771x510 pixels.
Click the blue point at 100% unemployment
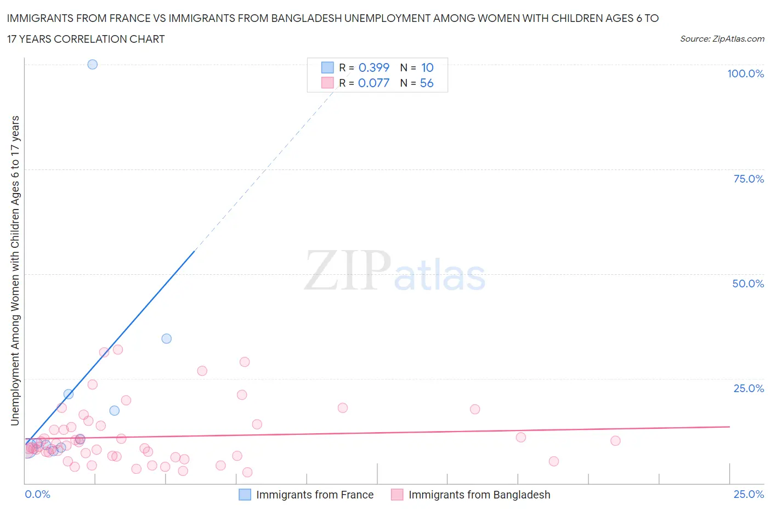pos(92,64)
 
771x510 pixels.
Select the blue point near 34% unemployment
pos(166,338)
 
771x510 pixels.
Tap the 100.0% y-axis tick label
pos(745,73)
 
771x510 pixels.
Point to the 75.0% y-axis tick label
pos(748,179)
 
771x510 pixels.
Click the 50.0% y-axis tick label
pos(747,284)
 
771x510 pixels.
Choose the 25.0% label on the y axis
pos(748,388)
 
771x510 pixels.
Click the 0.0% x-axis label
pos(37,494)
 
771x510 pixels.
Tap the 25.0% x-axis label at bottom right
pos(749,494)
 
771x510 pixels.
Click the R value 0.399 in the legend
pos(373,67)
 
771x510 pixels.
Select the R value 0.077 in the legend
pos(373,83)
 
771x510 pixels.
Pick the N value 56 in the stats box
pos(427,83)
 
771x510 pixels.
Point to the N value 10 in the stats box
pos(427,67)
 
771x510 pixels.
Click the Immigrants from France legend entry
pos(314,495)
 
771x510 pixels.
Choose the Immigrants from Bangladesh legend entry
pos(479,495)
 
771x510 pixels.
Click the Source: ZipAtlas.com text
pos(722,39)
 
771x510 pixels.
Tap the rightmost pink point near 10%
pos(615,441)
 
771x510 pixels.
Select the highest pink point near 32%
pos(117,349)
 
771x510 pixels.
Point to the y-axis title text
pos(15,270)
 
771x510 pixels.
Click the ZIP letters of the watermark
pos(347,270)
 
